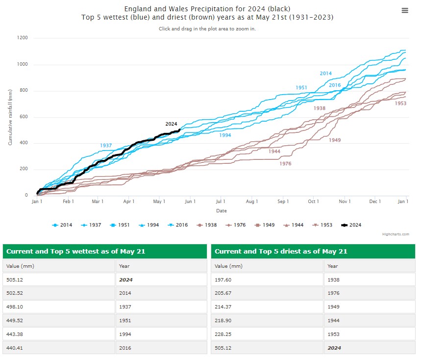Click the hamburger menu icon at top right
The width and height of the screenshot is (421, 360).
point(405,11)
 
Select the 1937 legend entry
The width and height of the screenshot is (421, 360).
point(91,225)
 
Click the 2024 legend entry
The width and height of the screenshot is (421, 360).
point(351,225)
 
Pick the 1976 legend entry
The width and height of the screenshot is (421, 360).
point(236,225)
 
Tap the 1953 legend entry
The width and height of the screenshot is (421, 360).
point(322,225)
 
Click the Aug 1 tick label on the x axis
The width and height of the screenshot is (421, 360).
point(251,202)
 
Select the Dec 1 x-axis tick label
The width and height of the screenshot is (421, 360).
point(375,202)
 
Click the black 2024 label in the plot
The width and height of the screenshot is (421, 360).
point(171,124)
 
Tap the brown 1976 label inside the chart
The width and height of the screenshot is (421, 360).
point(285,164)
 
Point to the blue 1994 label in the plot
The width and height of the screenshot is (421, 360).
point(225,135)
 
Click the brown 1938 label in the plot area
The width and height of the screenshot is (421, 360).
point(320,108)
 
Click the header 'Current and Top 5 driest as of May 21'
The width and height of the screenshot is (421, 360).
point(281,252)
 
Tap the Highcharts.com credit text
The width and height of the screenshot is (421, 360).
point(396,234)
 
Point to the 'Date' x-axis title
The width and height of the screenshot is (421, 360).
point(222,211)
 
